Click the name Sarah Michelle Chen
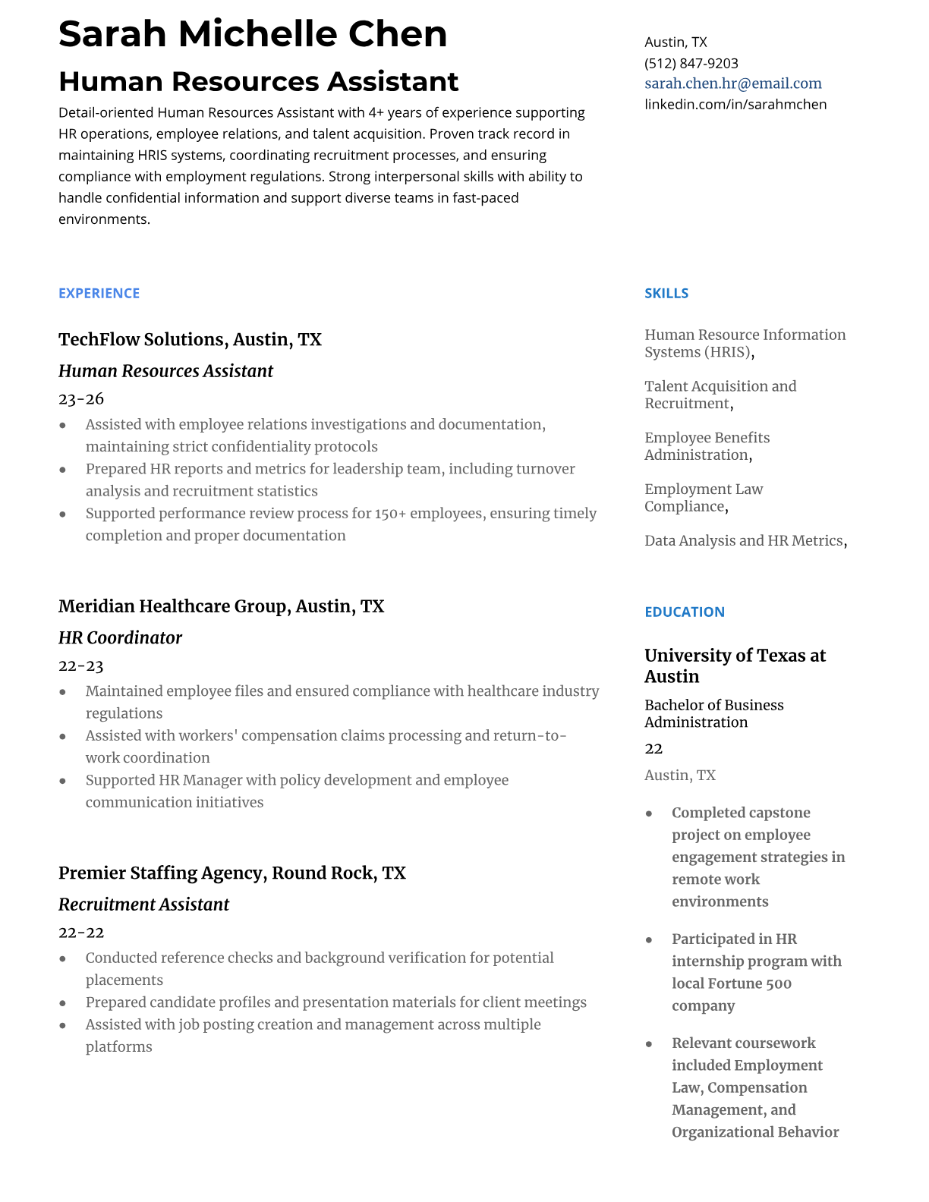(253, 34)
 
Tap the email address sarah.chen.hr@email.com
(732, 83)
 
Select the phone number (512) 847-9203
(691, 63)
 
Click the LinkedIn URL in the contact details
(735, 104)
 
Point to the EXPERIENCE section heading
(99, 294)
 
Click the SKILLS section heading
(666, 294)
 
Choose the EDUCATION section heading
(684, 612)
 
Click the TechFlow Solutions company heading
(190, 339)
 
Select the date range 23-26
(81, 399)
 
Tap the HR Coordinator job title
(120, 637)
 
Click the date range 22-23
(80, 666)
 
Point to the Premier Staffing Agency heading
(231, 873)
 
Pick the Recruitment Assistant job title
(143, 905)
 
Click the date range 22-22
(81, 933)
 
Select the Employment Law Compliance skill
(703, 498)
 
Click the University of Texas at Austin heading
(734, 666)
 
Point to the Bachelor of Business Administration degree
(713, 713)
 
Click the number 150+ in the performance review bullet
(391, 514)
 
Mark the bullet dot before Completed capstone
(649, 813)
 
